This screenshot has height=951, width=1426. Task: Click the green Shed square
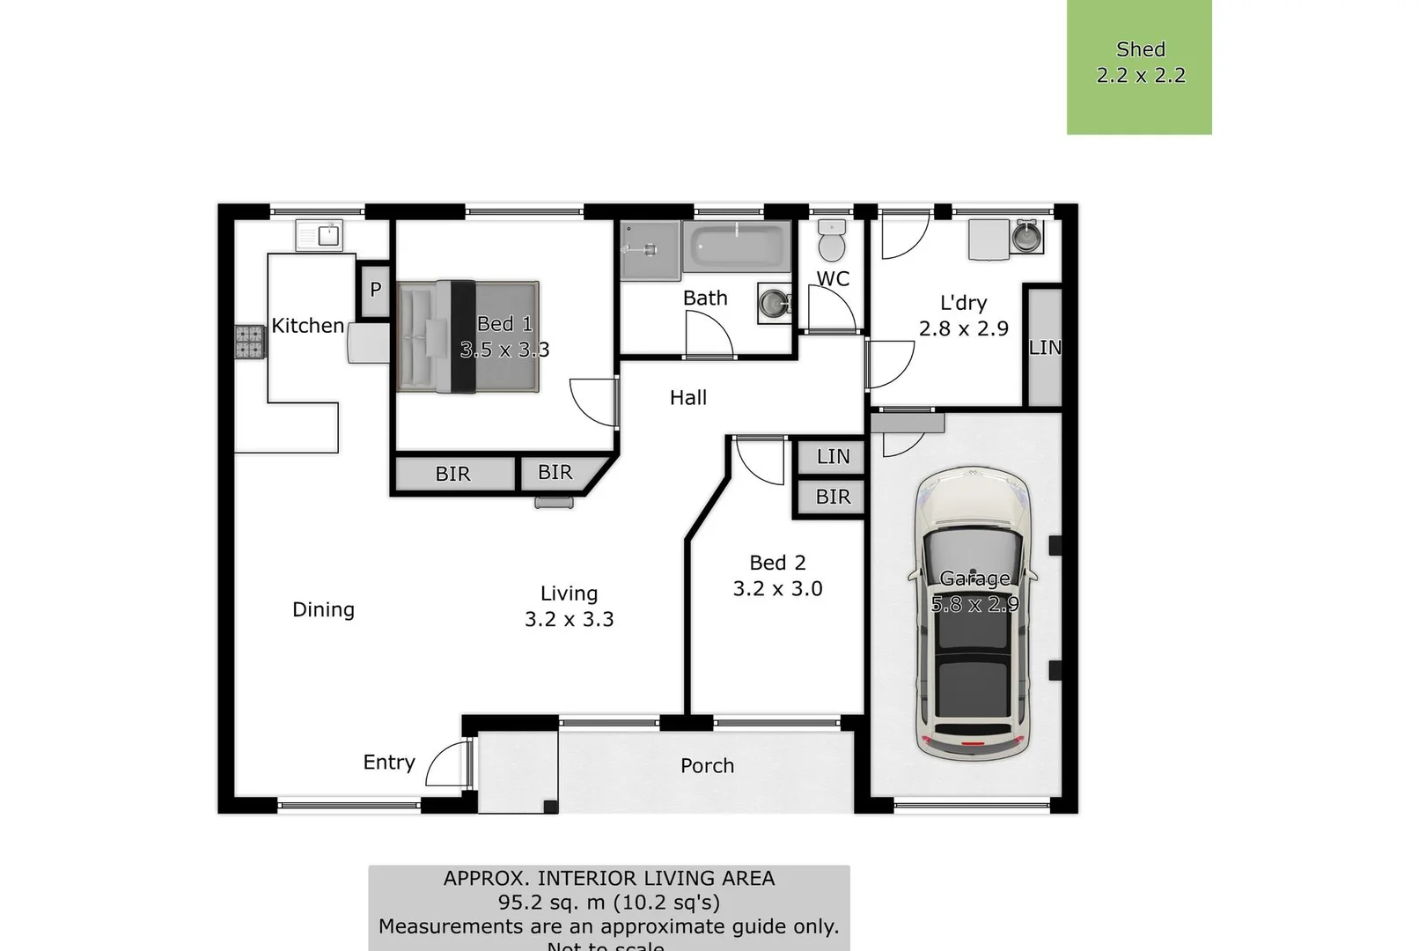point(1139,67)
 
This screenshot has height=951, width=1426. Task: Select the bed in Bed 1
point(467,336)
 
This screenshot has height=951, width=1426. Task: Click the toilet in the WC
point(832,240)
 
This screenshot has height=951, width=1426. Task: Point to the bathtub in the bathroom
point(736,247)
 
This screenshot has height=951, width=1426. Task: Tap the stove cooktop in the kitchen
point(249,343)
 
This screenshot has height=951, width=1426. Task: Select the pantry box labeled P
point(376,290)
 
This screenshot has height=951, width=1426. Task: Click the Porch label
point(707,766)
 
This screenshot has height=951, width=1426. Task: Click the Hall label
point(687,398)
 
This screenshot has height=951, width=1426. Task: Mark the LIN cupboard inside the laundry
point(1044,347)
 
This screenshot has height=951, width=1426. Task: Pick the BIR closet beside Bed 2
point(832,498)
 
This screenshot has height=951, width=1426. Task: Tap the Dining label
point(323,609)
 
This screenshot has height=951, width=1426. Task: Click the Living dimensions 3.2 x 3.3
point(569,620)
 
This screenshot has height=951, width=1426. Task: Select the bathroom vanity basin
point(775,304)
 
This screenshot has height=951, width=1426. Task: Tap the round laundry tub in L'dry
point(1026,237)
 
